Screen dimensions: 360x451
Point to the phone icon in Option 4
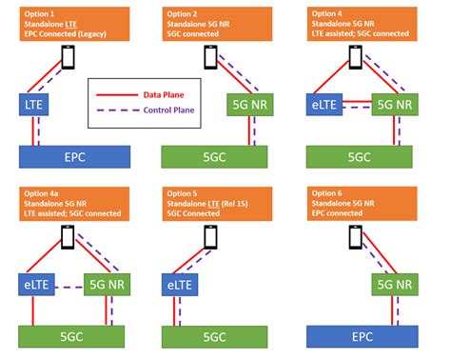[x=356, y=56]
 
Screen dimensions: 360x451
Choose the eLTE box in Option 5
[x=182, y=284]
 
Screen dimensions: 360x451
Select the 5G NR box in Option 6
[x=392, y=284]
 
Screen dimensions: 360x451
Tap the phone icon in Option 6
[x=356, y=235]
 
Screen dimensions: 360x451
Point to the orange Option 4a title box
[x=75, y=203]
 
